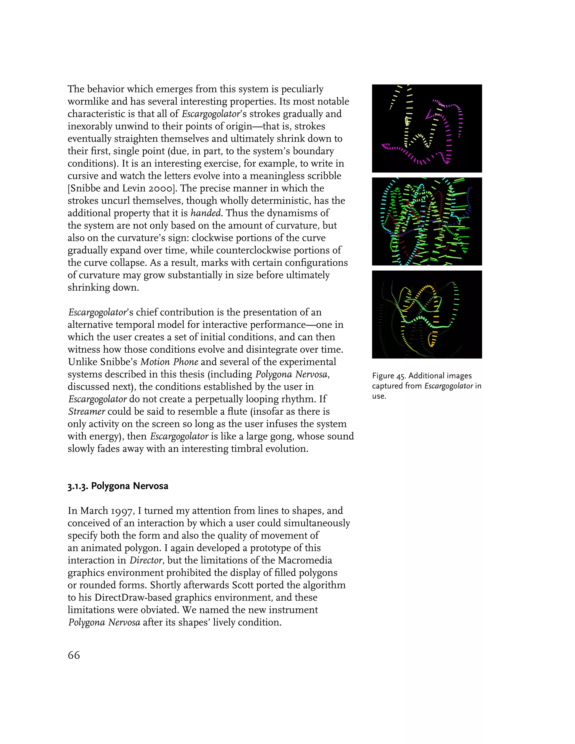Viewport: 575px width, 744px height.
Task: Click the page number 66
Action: (x=74, y=655)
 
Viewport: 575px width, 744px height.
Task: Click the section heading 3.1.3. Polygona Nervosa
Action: (x=118, y=486)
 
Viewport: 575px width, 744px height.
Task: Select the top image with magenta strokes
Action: (x=427, y=128)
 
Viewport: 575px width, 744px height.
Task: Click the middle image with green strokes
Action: (x=427, y=222)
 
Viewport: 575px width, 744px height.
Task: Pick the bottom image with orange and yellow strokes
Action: (x=427, y=314)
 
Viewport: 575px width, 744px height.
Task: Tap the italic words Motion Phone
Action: (x=169, y=362)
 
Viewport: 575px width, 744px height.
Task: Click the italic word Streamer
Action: (x=86, y=412)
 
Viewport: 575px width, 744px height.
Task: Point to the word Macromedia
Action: (x=305, y=560)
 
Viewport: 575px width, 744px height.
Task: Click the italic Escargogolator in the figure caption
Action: (x=449, y=386)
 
